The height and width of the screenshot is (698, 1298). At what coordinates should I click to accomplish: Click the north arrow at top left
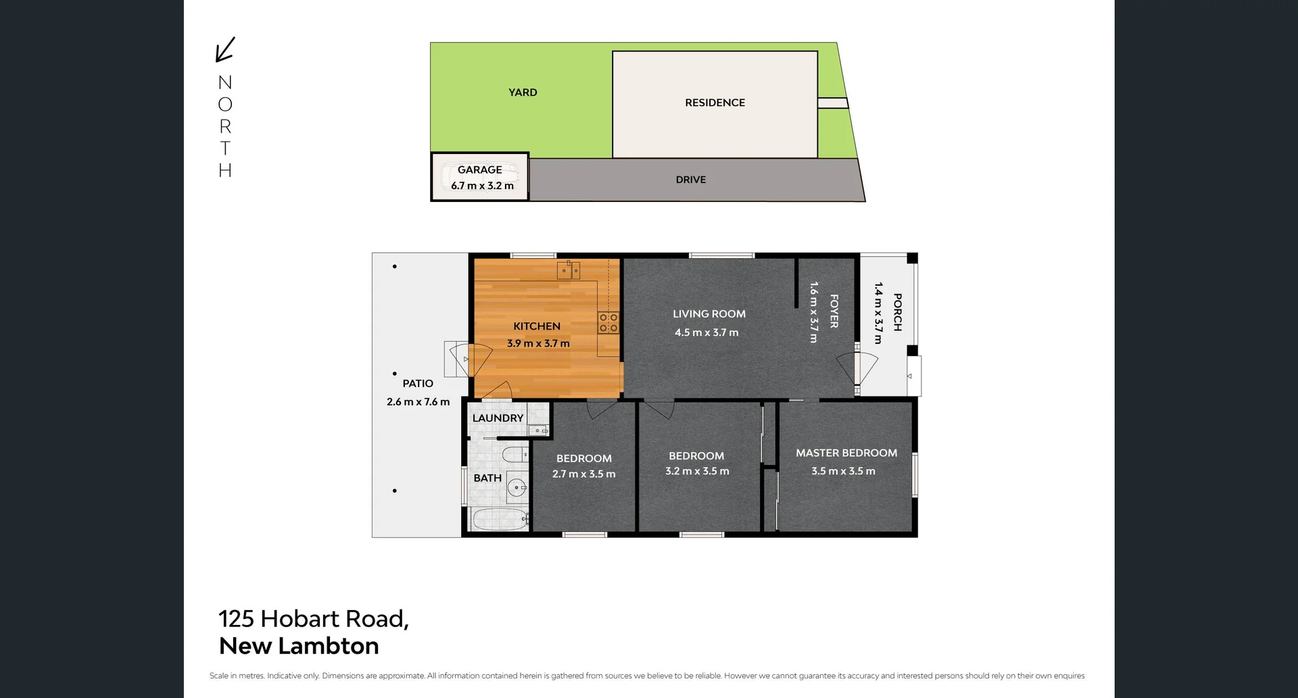pos(224,49)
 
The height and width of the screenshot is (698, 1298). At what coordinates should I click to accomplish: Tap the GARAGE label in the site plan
pos(479,170)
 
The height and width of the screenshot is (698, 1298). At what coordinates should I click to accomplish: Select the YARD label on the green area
pos(523,93)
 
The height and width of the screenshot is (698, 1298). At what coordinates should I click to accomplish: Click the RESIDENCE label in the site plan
pos(715,103)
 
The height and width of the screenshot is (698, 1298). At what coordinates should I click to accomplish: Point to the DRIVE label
pos(690,180)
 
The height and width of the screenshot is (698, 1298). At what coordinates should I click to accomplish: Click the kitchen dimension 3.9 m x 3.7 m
pos(538,343)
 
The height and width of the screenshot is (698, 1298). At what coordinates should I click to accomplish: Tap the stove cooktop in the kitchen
pos(608,322)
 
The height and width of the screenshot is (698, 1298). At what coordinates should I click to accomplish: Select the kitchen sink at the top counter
pos(568,270)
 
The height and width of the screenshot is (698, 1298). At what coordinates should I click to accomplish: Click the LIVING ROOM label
pos(708,314)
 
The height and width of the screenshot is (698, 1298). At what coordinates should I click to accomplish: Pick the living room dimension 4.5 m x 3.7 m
pos(706,332)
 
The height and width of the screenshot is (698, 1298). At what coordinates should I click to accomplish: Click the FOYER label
pos(834,311)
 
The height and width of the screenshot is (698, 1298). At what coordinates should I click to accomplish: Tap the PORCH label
pos(897,312)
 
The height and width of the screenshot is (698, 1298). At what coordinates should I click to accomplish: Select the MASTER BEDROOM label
pos(846,453)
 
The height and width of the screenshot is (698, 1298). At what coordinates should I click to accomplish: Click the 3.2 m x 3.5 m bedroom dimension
pos(697,471)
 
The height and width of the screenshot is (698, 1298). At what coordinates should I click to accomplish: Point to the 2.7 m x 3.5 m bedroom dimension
pos(583,474)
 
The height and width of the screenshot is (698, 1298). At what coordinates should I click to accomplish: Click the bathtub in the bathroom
pos(500,520)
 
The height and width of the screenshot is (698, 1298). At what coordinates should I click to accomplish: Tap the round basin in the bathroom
pos(517,487)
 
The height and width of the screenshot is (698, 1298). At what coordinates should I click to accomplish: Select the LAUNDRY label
pos(498,418)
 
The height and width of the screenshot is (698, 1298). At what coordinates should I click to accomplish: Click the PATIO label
pos(418,383)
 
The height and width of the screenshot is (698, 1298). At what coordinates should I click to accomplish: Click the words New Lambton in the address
pos(299,646)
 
